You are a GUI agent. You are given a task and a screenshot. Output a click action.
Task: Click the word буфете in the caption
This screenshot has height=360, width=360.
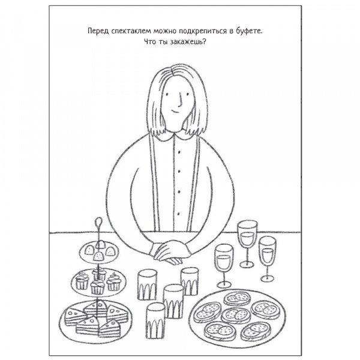point(249,31)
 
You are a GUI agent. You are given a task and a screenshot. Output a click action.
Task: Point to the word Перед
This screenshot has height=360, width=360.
point(98,31)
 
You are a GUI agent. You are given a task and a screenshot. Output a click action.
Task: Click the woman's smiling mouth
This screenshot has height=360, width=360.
point(176,112)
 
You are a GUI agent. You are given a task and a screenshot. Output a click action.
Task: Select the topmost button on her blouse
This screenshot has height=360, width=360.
point(179,152)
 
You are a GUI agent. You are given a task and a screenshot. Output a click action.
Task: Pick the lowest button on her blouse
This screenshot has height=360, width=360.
point(179,214)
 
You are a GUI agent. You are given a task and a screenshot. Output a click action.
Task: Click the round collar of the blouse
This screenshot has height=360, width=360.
point(175,135)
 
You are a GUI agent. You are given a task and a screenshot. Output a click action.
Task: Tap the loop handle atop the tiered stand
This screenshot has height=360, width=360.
point(99,222)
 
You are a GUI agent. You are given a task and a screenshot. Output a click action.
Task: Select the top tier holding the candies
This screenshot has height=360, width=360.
point(99,253)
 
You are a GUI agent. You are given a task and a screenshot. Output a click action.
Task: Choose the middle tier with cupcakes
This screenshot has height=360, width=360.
point(98,283)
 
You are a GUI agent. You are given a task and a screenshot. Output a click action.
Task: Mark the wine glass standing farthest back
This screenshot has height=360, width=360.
point(247,244)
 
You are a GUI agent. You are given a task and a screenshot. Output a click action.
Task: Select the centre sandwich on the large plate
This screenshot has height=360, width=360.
point(236,316)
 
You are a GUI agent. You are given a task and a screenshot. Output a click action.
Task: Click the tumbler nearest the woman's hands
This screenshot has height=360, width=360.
point(190,281)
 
